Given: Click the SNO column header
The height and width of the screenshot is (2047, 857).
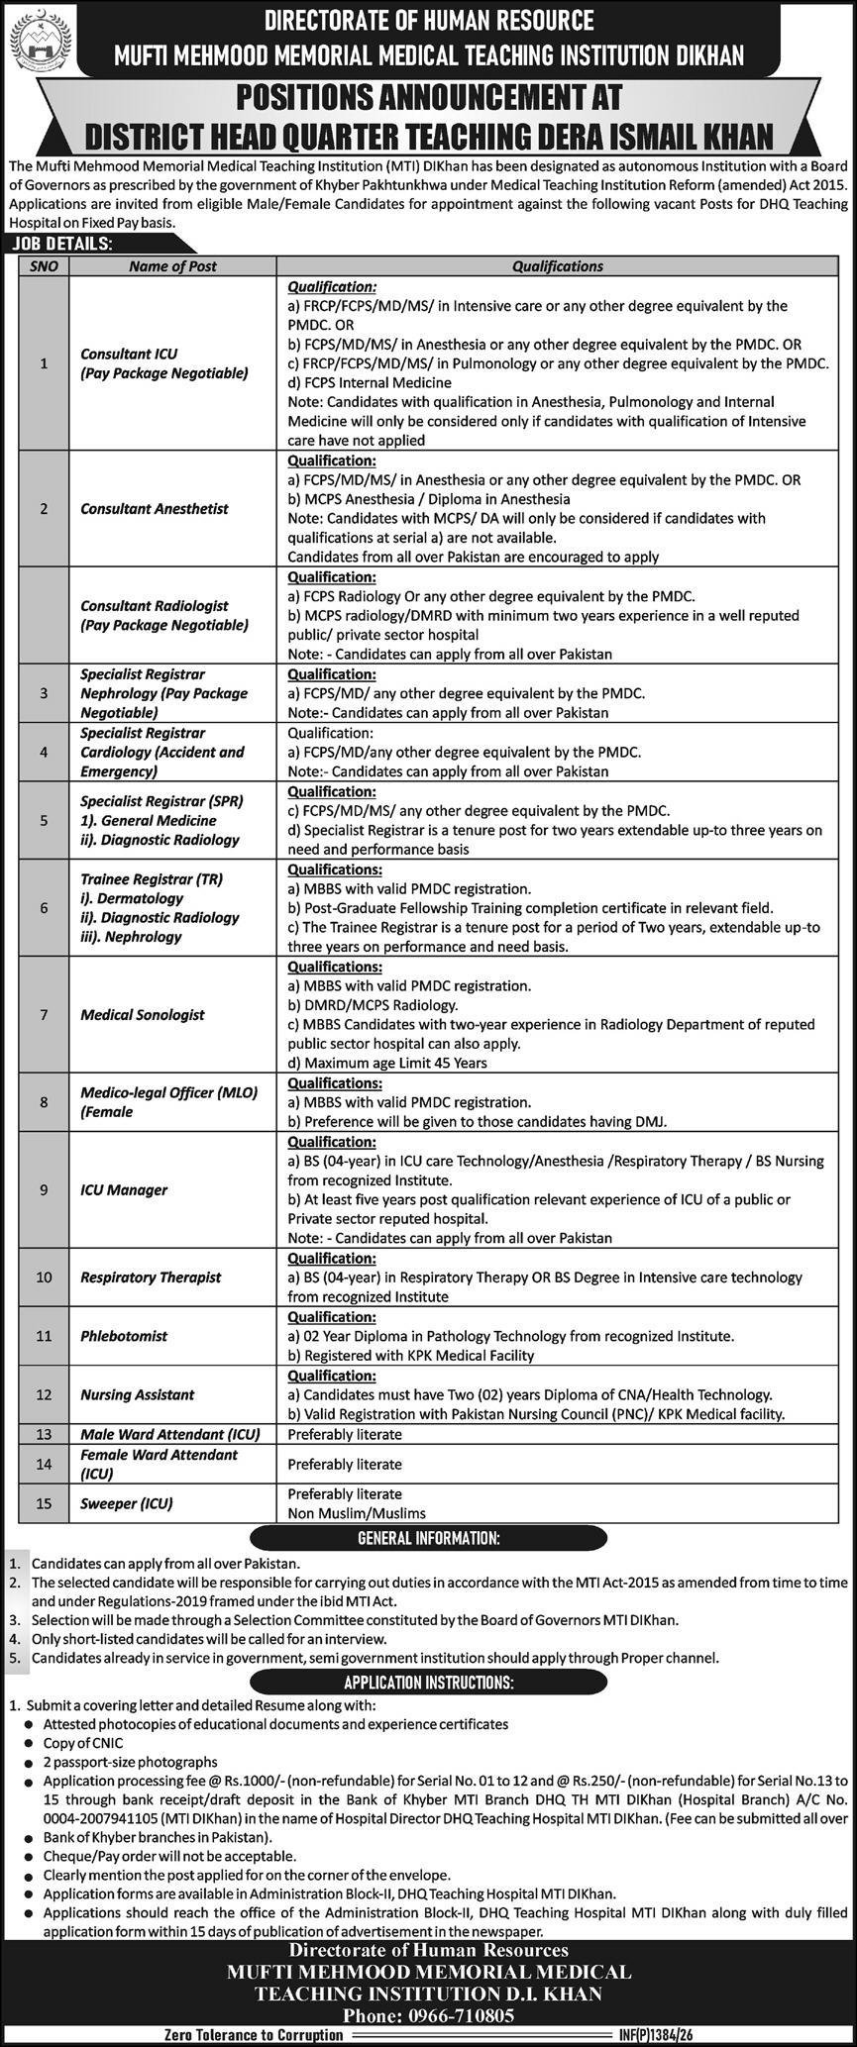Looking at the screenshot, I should coord(44,266).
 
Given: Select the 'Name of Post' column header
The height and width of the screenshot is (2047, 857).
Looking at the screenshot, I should coord(172,266).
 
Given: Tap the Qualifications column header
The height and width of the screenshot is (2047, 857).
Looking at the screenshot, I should coord(558,266).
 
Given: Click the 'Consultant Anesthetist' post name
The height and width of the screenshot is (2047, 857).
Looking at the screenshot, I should coord(154,509).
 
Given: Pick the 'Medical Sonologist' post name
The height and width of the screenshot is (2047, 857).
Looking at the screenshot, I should coord(142,1015).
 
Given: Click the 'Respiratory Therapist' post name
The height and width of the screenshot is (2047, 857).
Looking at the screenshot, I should coord(151,1278).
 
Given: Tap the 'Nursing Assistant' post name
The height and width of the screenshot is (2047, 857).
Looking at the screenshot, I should coord(137,1394).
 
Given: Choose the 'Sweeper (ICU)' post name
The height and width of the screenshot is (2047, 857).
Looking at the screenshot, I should coord(126,1503).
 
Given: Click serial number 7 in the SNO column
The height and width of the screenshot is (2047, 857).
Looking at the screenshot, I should coord(44,1015).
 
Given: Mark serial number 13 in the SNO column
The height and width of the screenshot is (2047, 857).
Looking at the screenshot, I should coord(44,1434).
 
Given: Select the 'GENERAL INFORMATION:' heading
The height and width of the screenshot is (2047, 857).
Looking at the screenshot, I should coord(428,1539).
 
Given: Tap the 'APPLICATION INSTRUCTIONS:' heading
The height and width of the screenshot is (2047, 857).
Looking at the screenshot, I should coord(428,1683).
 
